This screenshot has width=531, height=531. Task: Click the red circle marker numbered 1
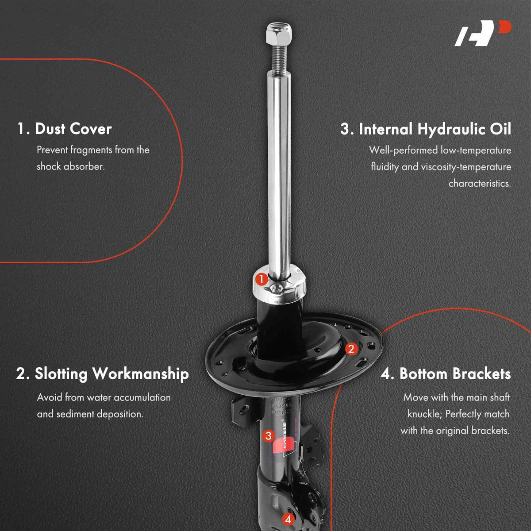coord(261,280)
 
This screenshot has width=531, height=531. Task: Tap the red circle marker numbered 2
coord(351,349)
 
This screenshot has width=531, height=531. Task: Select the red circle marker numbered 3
coord(269,436)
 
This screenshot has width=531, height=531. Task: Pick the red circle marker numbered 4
coord(288,519)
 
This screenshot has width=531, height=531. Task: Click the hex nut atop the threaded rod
coord(279,35)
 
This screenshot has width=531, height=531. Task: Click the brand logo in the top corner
coord(482,33)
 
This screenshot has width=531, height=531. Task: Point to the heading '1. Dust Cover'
coord(65,129)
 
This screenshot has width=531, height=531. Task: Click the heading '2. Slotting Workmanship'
coord(103,374)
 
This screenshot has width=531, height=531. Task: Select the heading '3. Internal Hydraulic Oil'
coord(425,130)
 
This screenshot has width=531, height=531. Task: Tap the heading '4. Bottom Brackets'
coord(446,374)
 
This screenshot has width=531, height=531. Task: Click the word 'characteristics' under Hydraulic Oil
coord(480,184)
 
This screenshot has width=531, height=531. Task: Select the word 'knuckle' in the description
coord(425,414)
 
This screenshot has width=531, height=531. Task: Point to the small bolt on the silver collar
coord(275,289)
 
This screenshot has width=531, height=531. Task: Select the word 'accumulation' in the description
coord(142,398)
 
